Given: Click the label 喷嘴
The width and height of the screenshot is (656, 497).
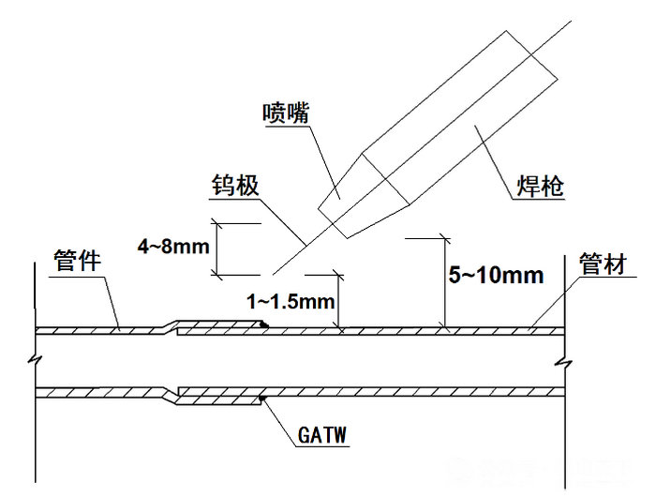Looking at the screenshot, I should pyautogui.click(x=287, y=113).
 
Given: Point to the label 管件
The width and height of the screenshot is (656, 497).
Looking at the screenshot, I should pyautogui.click(x=77, y=259).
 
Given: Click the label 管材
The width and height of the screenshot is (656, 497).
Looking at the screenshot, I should pyautogui.click(x=602, y=264).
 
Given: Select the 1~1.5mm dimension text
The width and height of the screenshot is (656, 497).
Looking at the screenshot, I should pyautogui.click(x=290, y=302).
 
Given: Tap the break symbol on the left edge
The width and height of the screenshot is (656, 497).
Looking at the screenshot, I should pyautogui.click(x=36, y=359).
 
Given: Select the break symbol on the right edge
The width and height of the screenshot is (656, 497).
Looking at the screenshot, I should pyautogui.click(x=563, y=359).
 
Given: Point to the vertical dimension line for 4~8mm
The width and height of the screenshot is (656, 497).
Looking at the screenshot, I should pyautogui.click(x=217, y=248).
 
